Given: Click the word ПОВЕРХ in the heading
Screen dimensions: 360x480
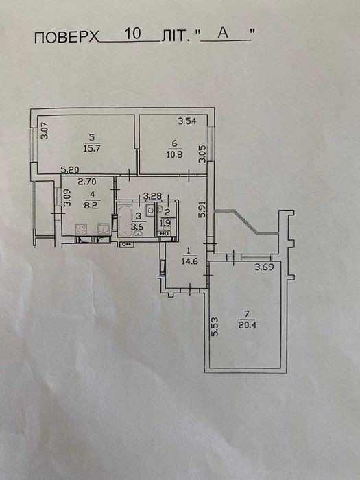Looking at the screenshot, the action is [67, 38].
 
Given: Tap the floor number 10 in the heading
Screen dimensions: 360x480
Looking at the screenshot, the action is [132, 34].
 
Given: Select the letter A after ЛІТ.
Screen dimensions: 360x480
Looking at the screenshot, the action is [223, 33].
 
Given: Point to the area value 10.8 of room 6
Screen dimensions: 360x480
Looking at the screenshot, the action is [174, 154].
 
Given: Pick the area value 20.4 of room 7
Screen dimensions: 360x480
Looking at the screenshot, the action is [247, 325].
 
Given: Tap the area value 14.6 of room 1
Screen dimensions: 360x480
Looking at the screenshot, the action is [190, 261].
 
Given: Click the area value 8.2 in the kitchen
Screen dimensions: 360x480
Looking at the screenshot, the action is [91, 205].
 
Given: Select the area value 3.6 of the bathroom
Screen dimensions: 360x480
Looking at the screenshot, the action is [139, 227].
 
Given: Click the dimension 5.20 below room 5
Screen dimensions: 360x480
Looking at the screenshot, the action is [70, 169].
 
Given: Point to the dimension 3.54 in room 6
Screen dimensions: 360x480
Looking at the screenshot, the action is [187, 121].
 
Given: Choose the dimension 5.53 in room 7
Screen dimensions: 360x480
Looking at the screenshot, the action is [215, 328].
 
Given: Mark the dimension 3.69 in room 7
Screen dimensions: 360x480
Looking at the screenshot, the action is [264, 267].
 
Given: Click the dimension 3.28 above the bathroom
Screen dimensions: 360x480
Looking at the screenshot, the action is [152, 196].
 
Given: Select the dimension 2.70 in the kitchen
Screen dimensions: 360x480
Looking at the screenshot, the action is [87, 182].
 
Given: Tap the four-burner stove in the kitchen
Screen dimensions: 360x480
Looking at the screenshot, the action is [81, 229].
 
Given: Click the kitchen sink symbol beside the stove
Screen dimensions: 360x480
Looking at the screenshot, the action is [104, 228].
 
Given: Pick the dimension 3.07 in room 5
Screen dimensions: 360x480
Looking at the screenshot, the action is [45, 131].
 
